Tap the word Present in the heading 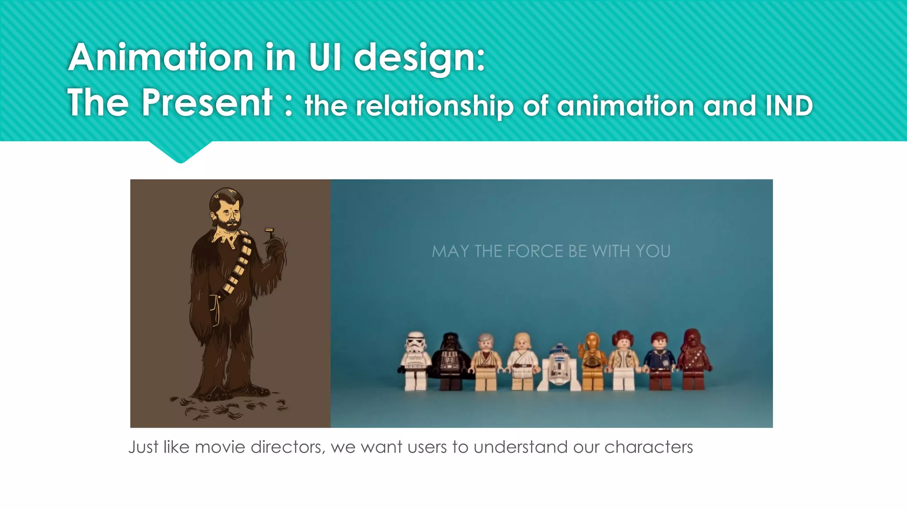207,103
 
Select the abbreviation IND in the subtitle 789,106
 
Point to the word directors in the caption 287,447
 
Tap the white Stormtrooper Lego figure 415,361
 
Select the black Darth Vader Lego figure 450,361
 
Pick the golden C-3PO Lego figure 592,361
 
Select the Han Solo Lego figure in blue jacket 660,361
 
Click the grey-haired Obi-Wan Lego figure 485,361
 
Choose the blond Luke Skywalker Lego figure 522,361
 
